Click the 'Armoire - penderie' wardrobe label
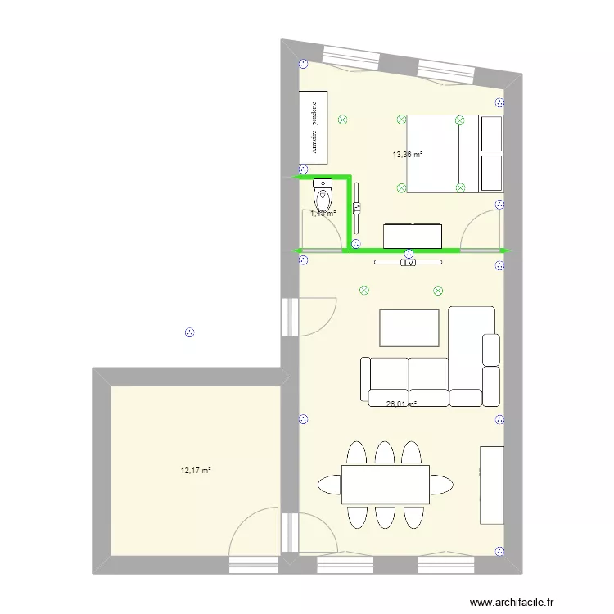click(314, 127)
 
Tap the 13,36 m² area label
click(407, 154)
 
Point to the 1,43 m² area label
click(323, 214)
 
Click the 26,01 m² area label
click(401, 403)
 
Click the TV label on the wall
click(408, 263)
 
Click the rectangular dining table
click(386, 485)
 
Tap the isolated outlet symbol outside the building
click(189, 332)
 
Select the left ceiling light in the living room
click(363, 289)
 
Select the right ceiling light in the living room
click(438, 290)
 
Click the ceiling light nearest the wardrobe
click(341, 119)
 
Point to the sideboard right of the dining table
click(491, 485)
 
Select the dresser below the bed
click(413, 236)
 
